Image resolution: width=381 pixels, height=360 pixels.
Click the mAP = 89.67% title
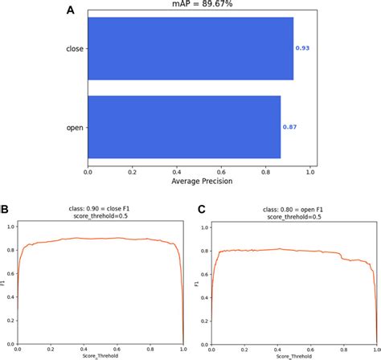(x=203, y=6)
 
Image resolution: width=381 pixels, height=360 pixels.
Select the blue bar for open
(x=184, y=127)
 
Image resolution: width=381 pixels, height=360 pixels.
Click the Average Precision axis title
(x=203, y=182)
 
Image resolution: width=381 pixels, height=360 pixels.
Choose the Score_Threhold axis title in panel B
(x=100, y=356)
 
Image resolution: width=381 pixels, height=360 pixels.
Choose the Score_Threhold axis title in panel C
(x=292, y=356)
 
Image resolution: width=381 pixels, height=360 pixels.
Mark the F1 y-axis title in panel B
(x=4, y=284)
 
